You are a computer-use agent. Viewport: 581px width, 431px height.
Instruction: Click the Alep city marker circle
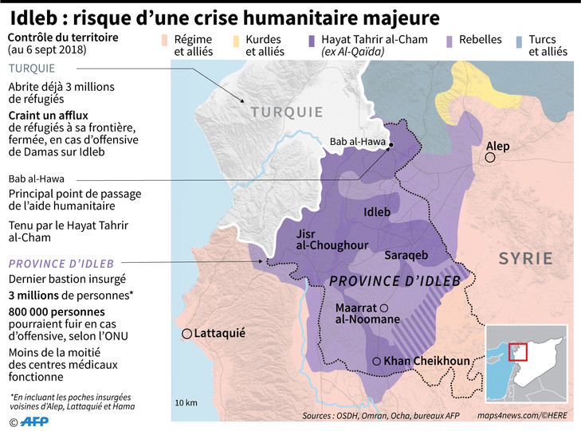pos(491,159)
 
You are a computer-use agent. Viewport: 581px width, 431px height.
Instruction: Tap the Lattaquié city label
pos(218,333)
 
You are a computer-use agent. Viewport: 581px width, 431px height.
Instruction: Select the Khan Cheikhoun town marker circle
pos(376,360)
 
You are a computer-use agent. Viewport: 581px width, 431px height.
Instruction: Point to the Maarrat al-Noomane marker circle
pos(384,308)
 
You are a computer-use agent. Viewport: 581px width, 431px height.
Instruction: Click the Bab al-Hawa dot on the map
pos(391,144)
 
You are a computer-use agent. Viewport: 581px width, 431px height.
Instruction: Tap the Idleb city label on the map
pos(376,212)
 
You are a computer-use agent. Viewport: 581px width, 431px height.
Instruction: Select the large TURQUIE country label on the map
pos(287,112)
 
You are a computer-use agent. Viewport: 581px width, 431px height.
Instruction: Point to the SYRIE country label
pos(525,258)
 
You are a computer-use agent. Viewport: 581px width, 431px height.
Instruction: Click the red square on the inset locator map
pos(517,351)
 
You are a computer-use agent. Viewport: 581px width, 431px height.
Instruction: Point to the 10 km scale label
pos(186,402)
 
